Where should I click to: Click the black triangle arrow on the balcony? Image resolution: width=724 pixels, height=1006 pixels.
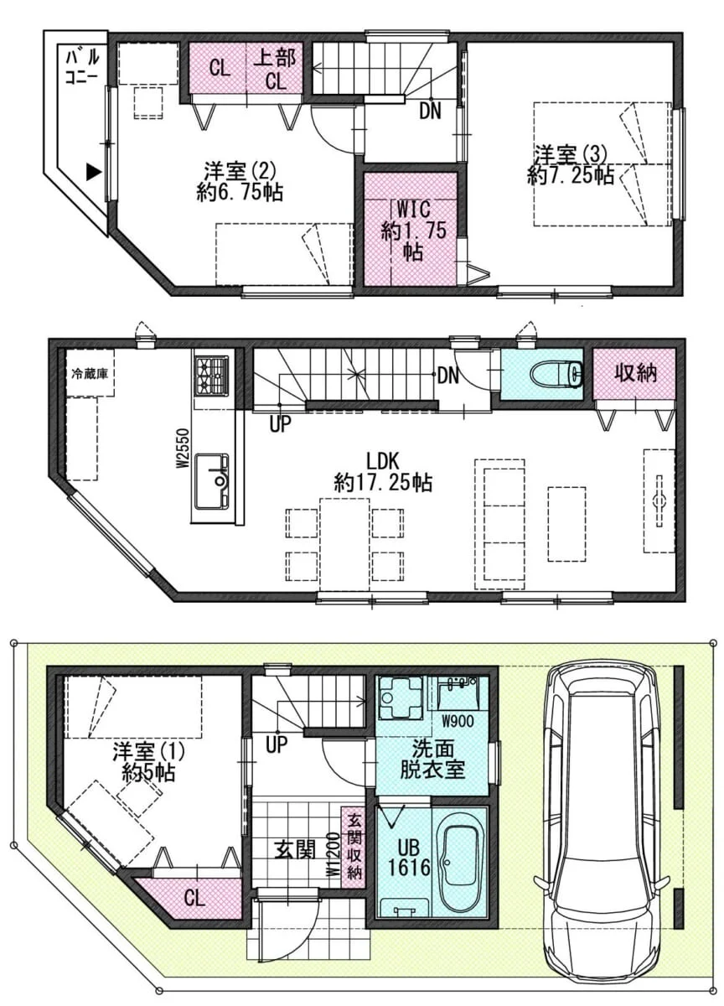coord(93,172)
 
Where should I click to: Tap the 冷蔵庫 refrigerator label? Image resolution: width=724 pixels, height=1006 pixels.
coord(90,373)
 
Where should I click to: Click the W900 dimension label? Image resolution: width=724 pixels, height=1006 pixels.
coord(458,721)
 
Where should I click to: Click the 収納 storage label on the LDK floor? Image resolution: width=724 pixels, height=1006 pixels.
coord(635,373)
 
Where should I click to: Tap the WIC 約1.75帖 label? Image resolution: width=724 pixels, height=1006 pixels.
coord(413,231)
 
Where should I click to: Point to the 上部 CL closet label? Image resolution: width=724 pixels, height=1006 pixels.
coord(274,69)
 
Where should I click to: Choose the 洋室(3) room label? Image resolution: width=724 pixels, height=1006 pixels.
coord(570,155)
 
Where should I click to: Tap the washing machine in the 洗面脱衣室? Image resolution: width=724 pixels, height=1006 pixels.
coord(401,698)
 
